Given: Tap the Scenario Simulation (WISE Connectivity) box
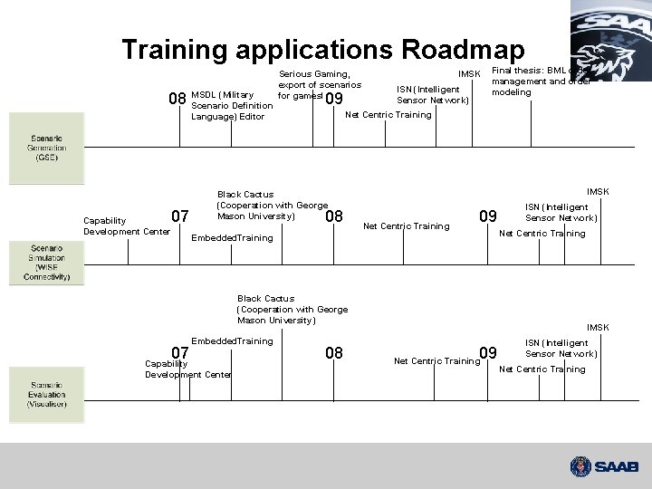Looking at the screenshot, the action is click(x=39, y=262).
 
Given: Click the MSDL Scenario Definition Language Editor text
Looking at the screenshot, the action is click(x=233, y=105).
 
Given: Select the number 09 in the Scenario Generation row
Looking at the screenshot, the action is click(x=334, y=99).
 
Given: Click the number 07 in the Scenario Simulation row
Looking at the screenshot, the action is click(x=180, y=216).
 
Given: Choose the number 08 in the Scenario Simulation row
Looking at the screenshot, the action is click(x=333, y=216).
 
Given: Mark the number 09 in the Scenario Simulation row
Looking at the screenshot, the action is click(x=488, y=216).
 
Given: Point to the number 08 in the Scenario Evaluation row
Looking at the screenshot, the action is click(x=333, y=352).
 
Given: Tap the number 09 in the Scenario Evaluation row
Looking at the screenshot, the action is click(x=488, y=352).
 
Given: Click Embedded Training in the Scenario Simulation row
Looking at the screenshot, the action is click(x=233, y=237).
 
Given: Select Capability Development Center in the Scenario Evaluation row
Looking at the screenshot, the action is click(x=187, y=369).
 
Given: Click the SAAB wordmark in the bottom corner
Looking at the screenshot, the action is click(x=618, y=467).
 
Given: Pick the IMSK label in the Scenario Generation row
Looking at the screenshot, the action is click(x=469, y=74).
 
